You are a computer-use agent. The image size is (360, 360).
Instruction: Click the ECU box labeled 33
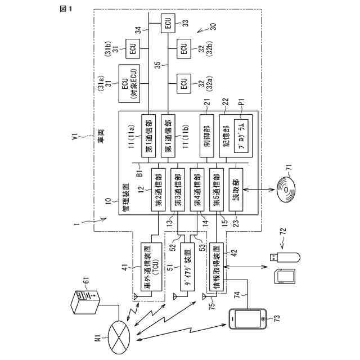click(x=167, y=23)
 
